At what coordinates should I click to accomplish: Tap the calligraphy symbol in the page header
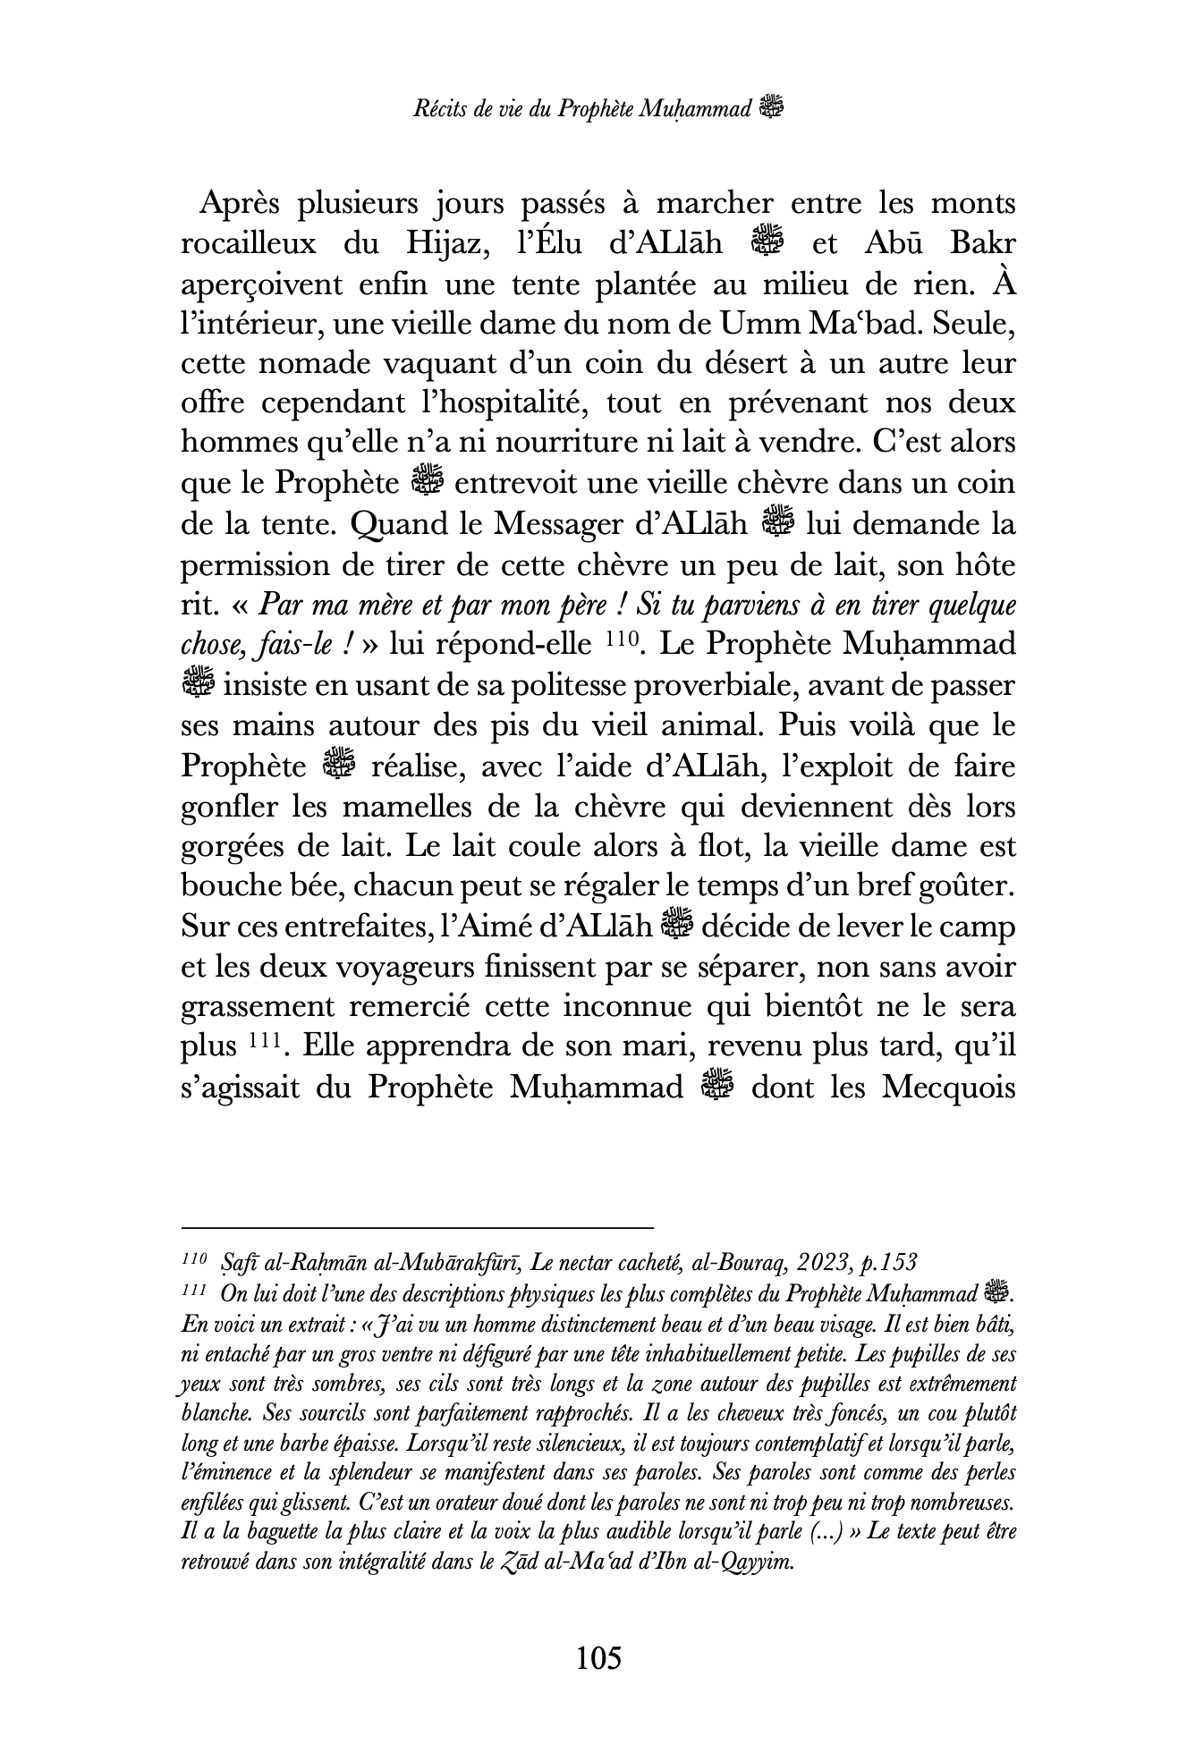tap(770, 109)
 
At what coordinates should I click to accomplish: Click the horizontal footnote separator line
tap(418, 1228)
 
